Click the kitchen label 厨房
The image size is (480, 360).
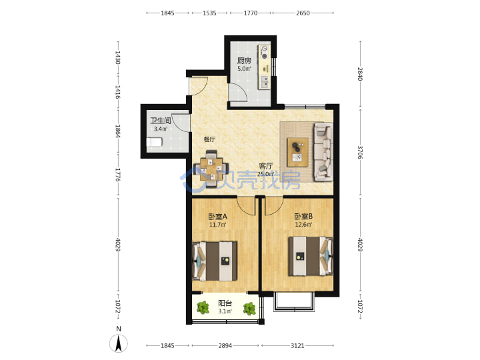coord(244,60)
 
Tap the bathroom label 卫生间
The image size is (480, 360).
coord(161,121)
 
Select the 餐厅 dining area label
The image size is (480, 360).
coord(209,139)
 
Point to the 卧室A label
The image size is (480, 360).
coord(217,217)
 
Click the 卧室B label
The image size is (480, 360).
coord(303,217)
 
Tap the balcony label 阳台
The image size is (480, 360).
coord(225,303)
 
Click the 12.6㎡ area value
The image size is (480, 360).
coord(303,225)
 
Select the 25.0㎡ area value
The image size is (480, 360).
coord(265,174)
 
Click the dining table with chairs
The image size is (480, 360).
coord(211,169)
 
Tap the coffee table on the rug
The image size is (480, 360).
coord(297,152)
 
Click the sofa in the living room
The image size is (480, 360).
coord(323,151)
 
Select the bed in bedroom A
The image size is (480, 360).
coord(215,261)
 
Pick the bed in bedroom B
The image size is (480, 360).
coord(311,256)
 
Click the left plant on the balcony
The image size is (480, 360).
coord(203,307)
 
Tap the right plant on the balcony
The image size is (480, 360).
coord(249,309)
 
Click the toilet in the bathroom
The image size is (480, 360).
coord(154,143)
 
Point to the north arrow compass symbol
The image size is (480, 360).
coord(119,343)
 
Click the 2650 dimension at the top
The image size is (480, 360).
coord(303,13)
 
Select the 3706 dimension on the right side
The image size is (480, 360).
coord(360,152)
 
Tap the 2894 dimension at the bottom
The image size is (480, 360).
coord(225,345)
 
